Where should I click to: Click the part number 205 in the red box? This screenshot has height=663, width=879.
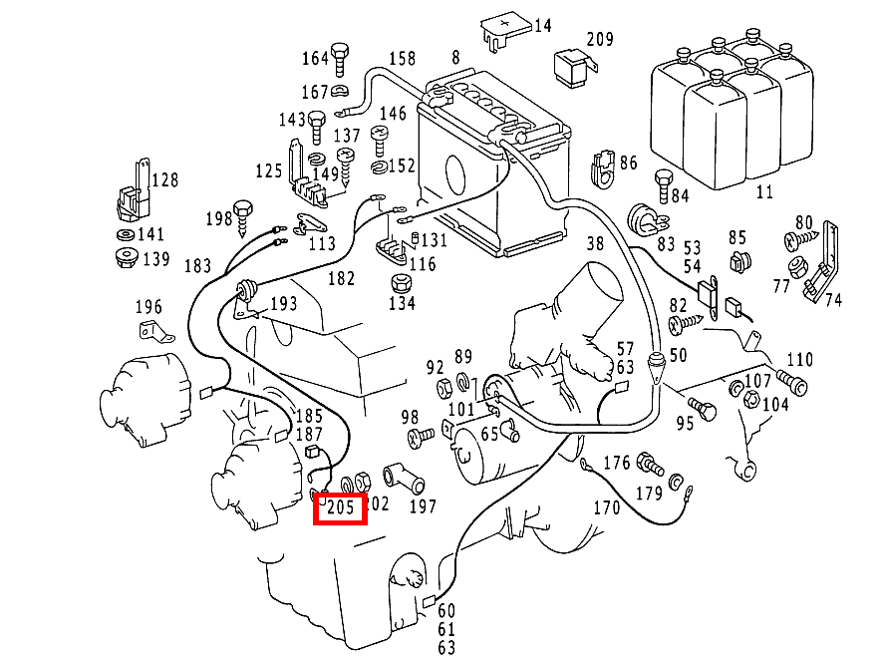tap(341, 508)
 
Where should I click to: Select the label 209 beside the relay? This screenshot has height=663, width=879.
tap(599, 40)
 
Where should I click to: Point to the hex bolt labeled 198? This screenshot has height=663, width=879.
tap(243, 213)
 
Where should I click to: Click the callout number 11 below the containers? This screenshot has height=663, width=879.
tap(763, 191)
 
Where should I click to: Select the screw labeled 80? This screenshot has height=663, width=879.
tap(798, 240)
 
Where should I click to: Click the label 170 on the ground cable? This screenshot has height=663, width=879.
tap(606, 507)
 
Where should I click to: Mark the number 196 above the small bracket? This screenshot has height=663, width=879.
tap(147, 306)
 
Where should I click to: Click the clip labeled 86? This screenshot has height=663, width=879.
tap(603, 168)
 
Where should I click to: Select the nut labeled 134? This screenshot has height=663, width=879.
tap(401, 283)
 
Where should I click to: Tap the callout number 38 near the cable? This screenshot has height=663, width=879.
tap(595, 242)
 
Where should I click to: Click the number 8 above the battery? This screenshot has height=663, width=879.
tap(455, 58)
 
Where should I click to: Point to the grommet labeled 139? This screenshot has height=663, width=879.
tap(125, 260)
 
